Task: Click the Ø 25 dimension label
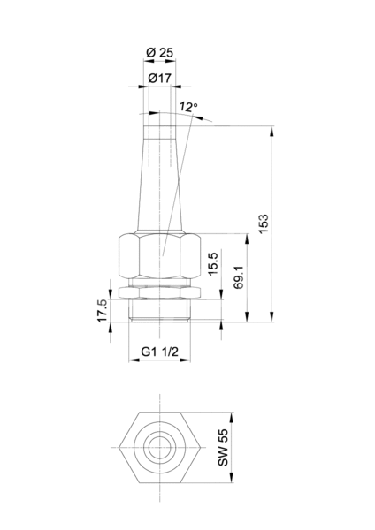(159, 53)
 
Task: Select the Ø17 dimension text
(160, 79)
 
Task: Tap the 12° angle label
(188, 107)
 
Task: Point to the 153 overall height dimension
(263, 223)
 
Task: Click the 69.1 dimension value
(239, 277)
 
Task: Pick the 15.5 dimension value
(213, 263)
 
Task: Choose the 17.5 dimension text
(103, 311)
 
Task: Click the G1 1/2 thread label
(159, 352)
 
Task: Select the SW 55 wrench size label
(223, 448)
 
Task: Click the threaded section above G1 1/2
(159, 310)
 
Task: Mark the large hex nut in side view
(159, 255)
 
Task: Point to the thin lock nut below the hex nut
(159, 292)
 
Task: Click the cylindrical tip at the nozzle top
(160, 132)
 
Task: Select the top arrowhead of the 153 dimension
(272, 131)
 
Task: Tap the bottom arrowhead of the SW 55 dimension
(232, 478)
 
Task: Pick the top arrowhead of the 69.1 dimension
(248, 238)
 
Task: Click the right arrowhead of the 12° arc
(197, 117)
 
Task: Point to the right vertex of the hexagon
(201, 448)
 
